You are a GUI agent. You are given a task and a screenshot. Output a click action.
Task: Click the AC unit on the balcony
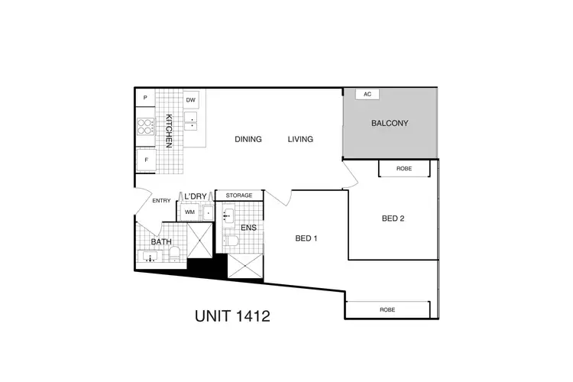coord(367,94)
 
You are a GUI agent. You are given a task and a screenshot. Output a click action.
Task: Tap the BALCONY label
coord(390,123)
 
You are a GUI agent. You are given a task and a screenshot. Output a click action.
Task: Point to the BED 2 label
coord(393,219)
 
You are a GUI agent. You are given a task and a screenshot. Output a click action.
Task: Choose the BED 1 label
coord(306,238)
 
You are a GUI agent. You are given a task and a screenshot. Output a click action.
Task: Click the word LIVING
coord(301,139)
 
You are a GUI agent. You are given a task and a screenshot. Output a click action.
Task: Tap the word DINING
coord(248,139)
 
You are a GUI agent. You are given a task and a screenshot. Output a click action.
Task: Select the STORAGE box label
coord(238,196)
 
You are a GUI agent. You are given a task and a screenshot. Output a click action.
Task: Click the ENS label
coord(248,227)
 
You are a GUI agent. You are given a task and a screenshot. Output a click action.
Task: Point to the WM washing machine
coord(189,213)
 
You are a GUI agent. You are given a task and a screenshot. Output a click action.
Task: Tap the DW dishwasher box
coord(191,100)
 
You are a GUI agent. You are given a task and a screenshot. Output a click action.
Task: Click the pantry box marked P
coord(145,99)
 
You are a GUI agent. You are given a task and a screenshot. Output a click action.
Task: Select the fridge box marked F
coord(145,160)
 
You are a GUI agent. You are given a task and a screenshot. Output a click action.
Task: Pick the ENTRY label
coord(161,201)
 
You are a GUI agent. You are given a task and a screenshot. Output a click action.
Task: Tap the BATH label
coord(161,242)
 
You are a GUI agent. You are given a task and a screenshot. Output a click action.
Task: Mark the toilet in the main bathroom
coord(175,253)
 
